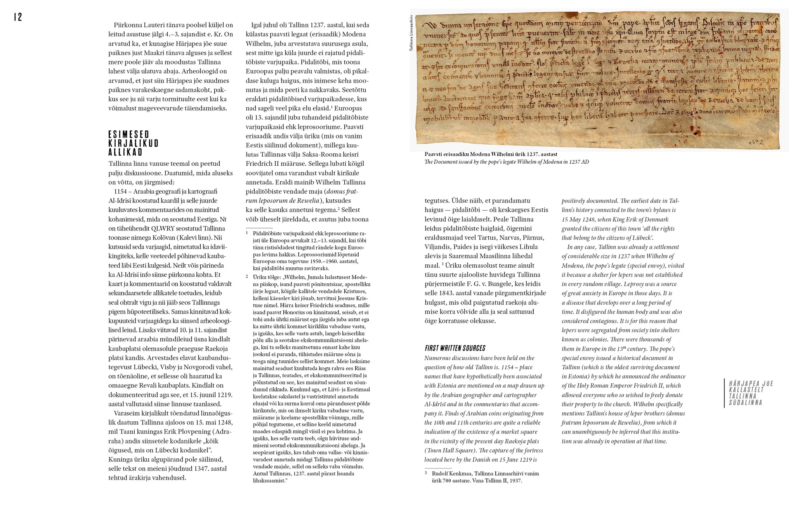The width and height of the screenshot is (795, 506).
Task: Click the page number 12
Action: click(18, 17)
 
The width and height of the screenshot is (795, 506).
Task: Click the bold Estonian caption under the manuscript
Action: click(491, 154)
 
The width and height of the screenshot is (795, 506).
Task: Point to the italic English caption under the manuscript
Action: click(506, 162)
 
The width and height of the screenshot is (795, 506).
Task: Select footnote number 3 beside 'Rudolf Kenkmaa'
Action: click(426, 473)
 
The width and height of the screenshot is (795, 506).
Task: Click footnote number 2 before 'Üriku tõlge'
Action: click(247, 277)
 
